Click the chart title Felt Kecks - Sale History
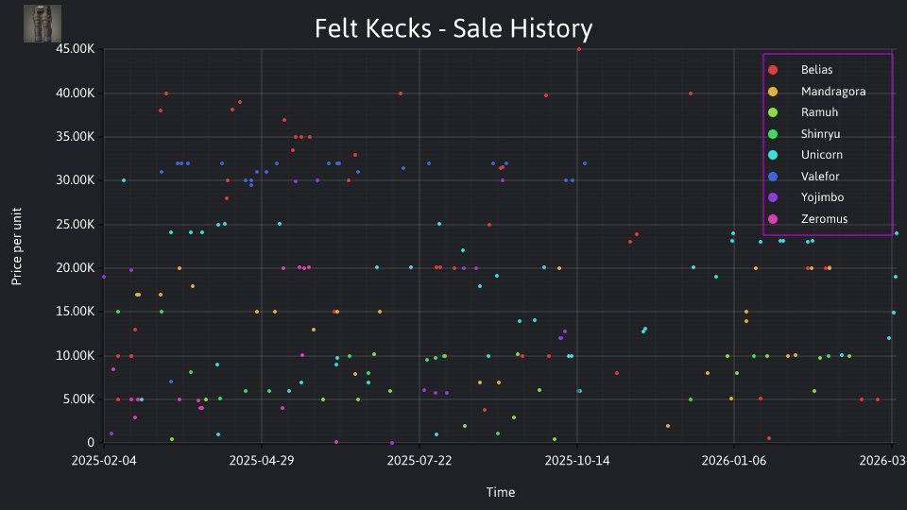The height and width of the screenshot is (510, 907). tap(453, 28)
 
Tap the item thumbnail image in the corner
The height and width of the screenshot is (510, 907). tap(43, 24)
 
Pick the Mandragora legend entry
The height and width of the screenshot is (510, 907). tap(816, 92)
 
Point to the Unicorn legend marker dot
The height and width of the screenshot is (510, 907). tap(773, 155)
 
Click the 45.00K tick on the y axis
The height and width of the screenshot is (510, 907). tap(76, 49)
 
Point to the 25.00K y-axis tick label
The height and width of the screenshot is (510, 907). tap(76, 225)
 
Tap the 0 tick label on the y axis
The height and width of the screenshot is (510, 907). tap(91, 443)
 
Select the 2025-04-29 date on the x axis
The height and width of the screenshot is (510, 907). tap(262, 460)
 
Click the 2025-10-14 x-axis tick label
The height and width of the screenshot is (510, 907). tap(576, 460)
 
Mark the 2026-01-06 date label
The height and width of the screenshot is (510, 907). tap(734, 460)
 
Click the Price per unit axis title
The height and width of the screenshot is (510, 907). tap(17, 246)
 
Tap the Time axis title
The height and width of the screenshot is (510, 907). tap(501, 492)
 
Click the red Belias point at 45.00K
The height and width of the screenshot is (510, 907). tap(579, 50)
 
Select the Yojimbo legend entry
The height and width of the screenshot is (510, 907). tap(806, 197)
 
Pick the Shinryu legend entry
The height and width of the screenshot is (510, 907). tap(804, 134)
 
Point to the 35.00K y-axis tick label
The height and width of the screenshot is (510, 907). tap(76, 137)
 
